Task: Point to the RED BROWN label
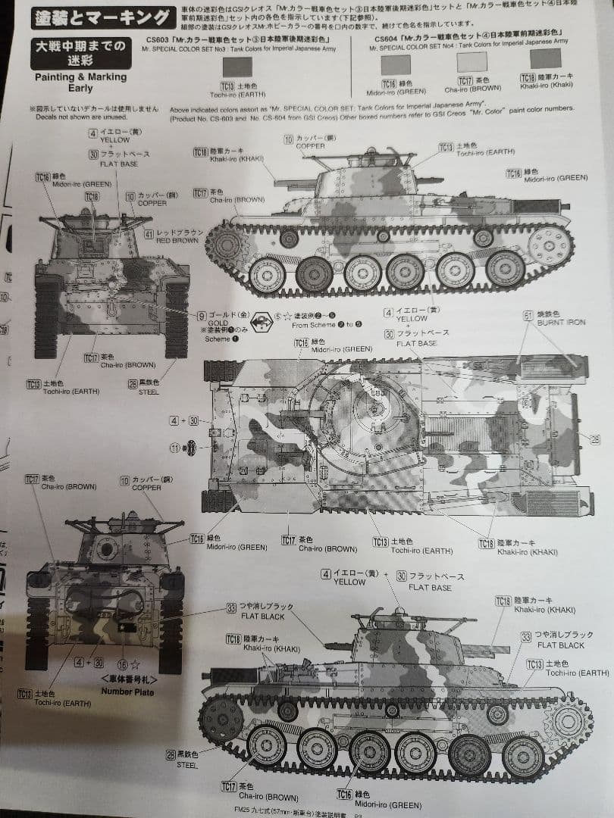point(179,239)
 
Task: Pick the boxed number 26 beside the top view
point(594,439)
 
